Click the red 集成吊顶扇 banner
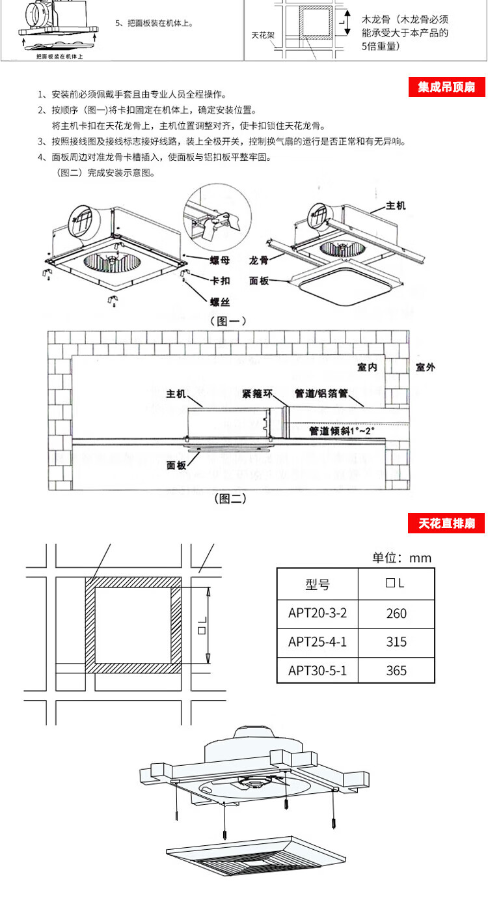(446, 87)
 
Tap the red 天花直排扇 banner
(446, 524)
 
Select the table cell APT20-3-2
(318, 613)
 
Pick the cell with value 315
(396, 642)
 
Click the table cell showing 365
(396, 670)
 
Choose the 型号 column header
(318, 584)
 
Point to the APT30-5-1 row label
(318, 670)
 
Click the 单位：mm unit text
(401, 557)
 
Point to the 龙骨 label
(258, 260)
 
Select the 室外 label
(425, 368)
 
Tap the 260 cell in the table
(396, 613)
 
